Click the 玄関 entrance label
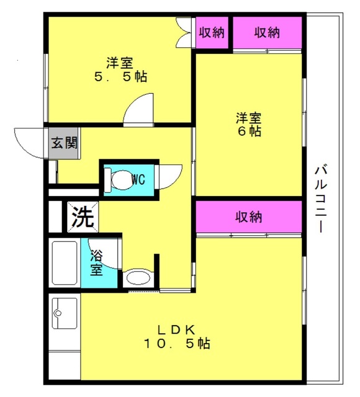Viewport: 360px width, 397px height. pyautogui.click(x=65, y=143)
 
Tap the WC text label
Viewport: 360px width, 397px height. pyautogui.click(x=138, y=179)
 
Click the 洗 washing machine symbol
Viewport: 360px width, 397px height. pyautogui.click(x=83, y=216)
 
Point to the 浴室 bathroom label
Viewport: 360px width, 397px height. pyautogui.click(x=97, y=262)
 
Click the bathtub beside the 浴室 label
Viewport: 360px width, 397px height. pyautogui.click(x=65, y=263)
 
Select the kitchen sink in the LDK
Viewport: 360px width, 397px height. pyautogui.click(x=65, y=313)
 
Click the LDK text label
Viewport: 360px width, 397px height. pyautogui.click(x=176, y=329)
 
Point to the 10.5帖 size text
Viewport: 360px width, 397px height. pyautogui.click(x=177, y=344)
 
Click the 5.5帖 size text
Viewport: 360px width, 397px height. pyautogui.click(x=120, y=76)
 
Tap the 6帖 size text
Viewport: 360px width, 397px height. pyautogui.click(x=250, y=131)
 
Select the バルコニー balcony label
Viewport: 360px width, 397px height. pyautogui.click(x=321, y=198)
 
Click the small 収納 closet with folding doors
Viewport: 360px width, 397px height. pyautogui.click(x=212, y=32)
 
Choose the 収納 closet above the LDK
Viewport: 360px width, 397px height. pyautogui.click(x=249, y=216)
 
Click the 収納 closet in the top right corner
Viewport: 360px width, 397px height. pyautogui.click(x=268, y=32)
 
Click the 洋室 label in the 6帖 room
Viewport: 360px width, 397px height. pyautogui.click(x=248, y=118)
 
